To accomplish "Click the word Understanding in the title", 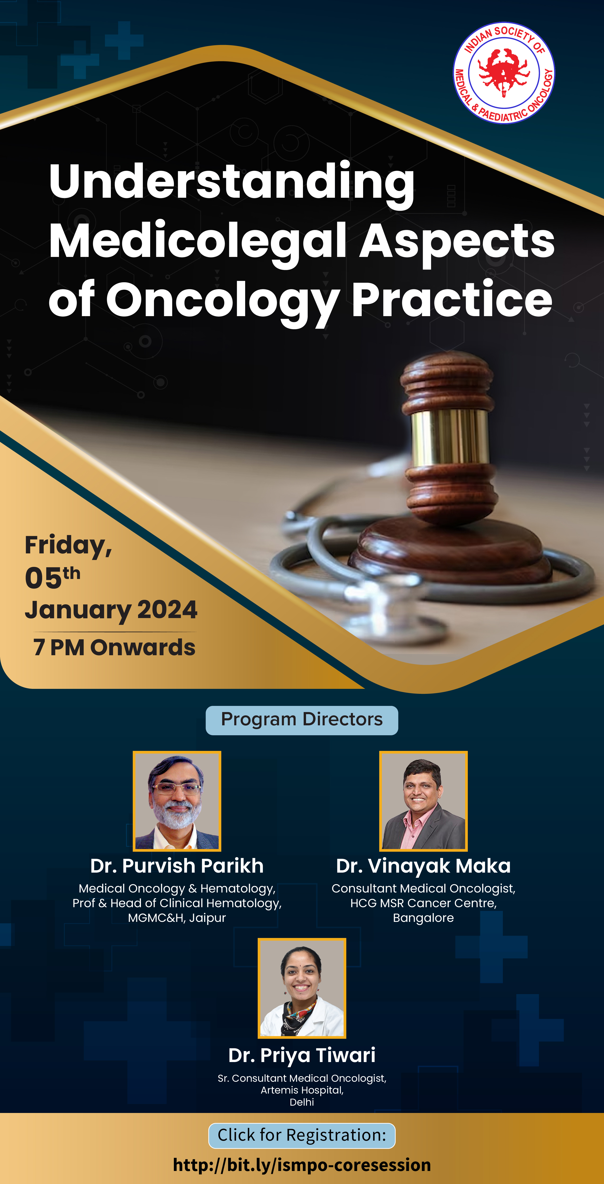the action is [x=232, y=183].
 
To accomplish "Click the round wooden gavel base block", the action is [x=448, y=549].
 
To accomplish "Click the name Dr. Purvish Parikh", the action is [x=177, y=866].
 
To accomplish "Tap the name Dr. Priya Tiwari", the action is [x=302, y=1056].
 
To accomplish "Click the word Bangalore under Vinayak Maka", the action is [x=423, y=918].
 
